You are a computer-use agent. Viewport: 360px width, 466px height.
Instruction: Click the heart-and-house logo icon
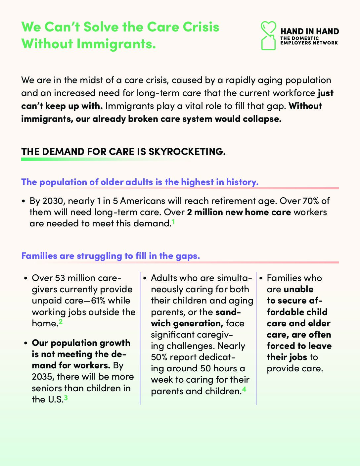coord(268,36)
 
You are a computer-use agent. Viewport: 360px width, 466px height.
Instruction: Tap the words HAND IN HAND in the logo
coord(309,31)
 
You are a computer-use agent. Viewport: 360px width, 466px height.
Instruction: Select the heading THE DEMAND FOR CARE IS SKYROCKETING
coord(123,152)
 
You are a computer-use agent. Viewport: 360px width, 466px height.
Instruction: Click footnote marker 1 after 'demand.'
coord(173,222)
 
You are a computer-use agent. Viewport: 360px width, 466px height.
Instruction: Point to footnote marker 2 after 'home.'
coord(61,321)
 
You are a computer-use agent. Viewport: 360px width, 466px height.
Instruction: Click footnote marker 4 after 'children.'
coord(244,389)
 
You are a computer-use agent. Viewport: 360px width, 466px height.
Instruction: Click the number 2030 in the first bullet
coord(52,201)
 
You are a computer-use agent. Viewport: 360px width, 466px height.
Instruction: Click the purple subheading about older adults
coord(140,182)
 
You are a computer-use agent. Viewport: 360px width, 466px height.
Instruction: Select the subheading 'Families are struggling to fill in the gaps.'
coord(111,256)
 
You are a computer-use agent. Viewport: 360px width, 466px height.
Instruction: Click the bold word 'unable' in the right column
coord(298,289)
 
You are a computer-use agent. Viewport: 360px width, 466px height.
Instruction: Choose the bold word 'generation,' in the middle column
coord(198,323)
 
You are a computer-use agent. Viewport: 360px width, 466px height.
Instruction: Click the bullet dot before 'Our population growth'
coord(25,344)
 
